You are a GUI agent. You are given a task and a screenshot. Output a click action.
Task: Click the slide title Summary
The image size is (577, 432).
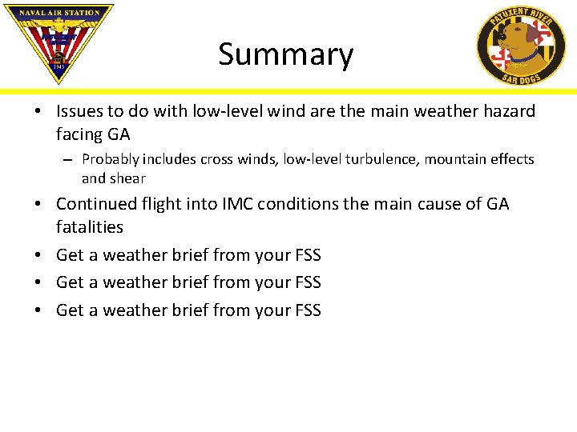[285, 54]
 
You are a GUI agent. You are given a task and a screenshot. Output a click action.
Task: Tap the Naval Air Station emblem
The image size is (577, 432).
[59, 41]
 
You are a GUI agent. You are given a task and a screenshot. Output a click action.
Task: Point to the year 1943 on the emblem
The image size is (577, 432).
[59, 68]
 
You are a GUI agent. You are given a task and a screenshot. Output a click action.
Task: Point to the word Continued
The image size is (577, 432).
[95, 204]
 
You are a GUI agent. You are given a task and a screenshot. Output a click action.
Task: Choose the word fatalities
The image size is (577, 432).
[90, 227]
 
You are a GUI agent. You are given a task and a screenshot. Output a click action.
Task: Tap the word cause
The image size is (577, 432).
[437, 204]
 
